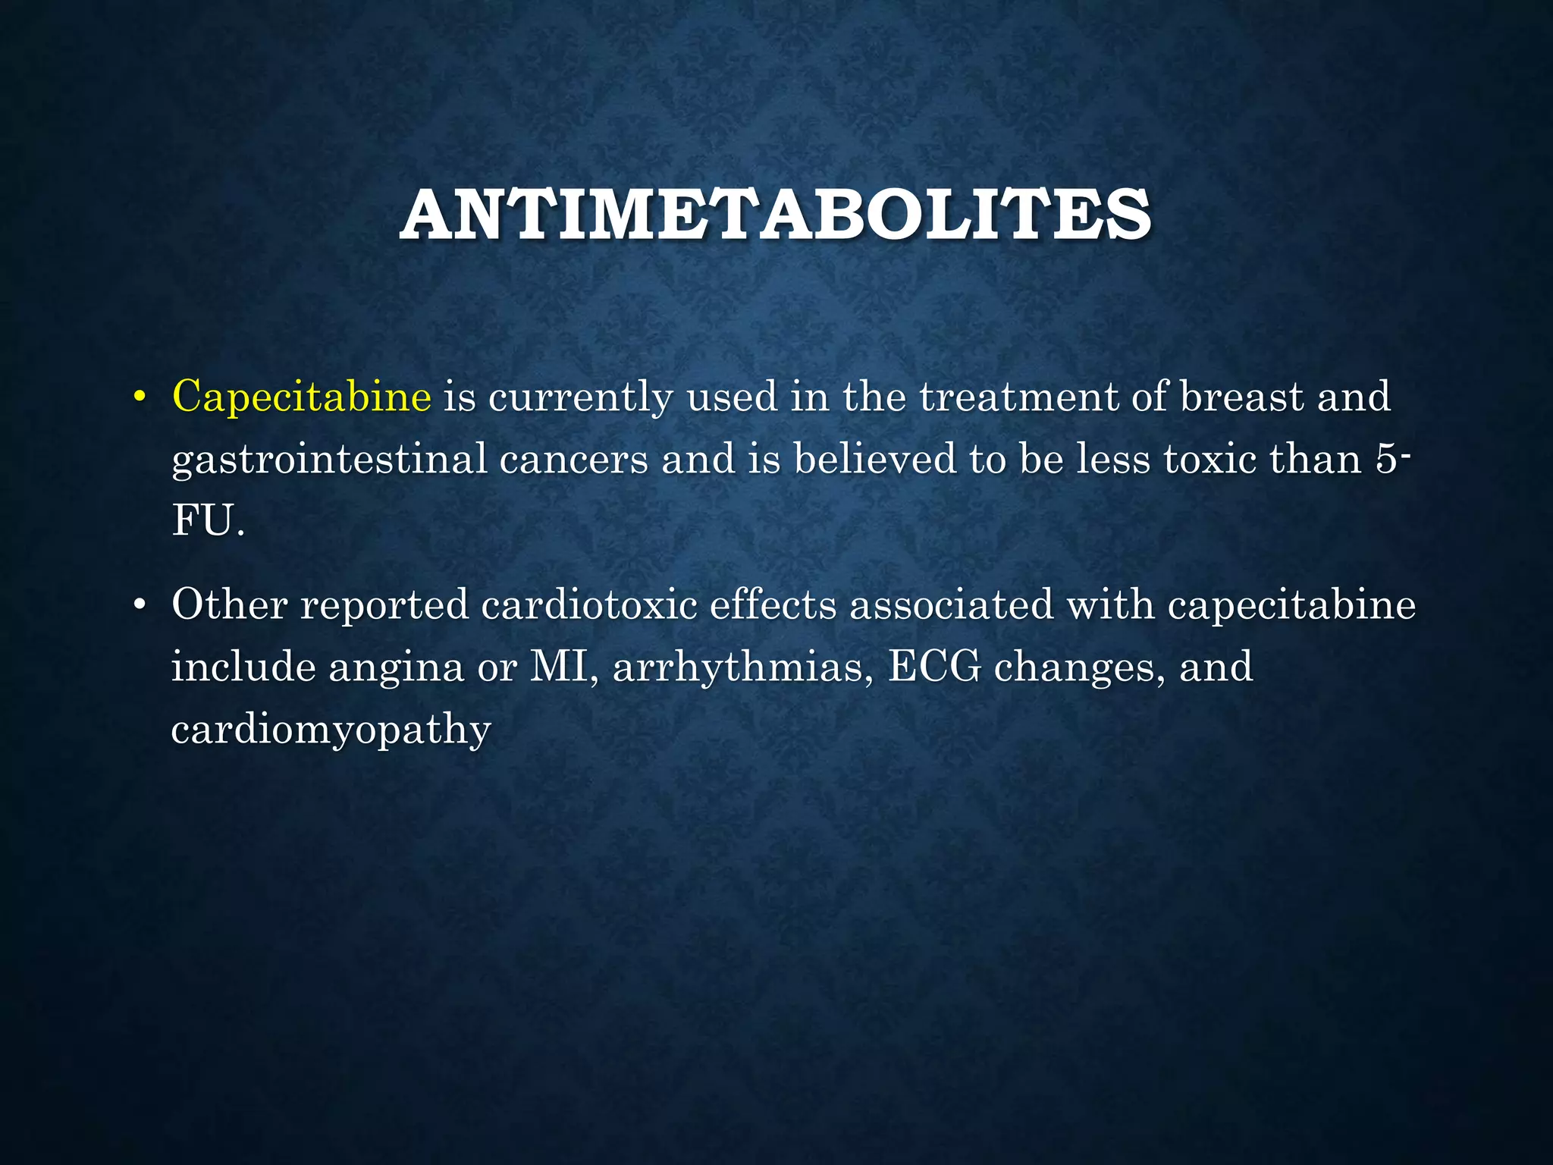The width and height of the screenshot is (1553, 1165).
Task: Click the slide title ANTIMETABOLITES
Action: pos(776,215)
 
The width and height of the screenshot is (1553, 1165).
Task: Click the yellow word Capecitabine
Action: pos(302,397)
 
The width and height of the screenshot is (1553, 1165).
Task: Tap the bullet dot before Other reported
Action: pos(139,606)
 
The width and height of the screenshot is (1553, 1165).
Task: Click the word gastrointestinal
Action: pos(329,460)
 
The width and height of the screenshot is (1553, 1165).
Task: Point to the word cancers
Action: pos(573,459)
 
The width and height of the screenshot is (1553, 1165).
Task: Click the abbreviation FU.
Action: pos(203,521)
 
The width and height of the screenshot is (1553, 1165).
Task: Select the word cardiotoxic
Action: pos(589,605)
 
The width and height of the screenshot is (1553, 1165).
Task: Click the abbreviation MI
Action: pos(558,667)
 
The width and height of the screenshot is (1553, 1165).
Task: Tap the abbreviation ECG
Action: pos(934,667)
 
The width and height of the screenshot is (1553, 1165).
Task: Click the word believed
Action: pos(874,459)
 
